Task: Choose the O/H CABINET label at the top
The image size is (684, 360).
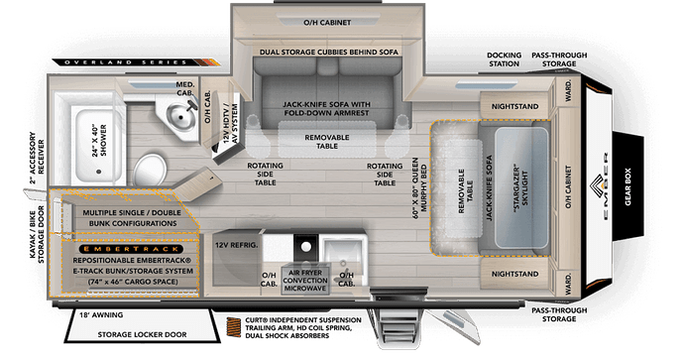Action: (x=316, y=21)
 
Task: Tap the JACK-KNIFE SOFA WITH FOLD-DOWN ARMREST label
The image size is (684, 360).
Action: (x=314, y=107)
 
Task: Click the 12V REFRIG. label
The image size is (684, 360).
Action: (x=238, y=242)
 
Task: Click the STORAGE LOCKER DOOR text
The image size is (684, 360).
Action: (x=130, y=335)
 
